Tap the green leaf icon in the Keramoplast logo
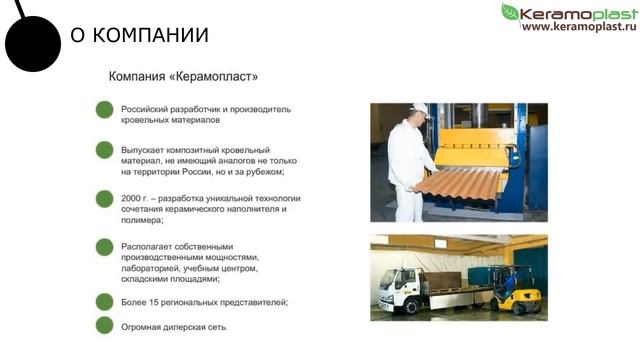click(510, 12)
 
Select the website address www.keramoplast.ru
click(578, 26)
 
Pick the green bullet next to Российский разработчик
click(104, 109)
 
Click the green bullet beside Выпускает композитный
click(104, 149)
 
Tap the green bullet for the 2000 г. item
click(104, 198)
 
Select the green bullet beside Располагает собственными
click(104, 246)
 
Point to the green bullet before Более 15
click(104, 301)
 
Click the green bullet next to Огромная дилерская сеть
click(104, 325)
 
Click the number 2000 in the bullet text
click(134, 198)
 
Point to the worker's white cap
click(419, 108)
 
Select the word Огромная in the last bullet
click(144, 326)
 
